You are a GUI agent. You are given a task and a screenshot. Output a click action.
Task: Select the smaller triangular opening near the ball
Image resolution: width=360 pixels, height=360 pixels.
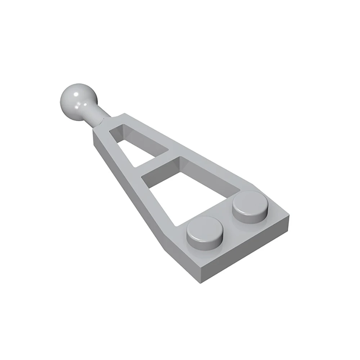[x=139, y=146]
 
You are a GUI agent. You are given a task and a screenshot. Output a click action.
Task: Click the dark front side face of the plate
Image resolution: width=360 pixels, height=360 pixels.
[x=245, y=252]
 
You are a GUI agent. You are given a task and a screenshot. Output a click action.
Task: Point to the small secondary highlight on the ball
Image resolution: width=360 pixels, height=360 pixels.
[x=86, y=104]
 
